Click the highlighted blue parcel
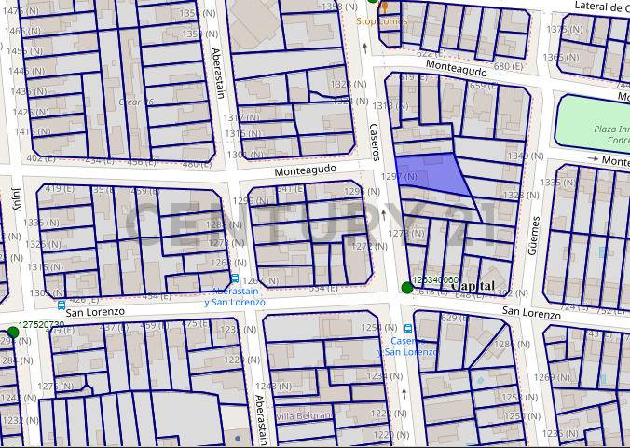click(x=433, y=173)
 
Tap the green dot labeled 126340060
click(x=406, y=287)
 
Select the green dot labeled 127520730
click(x=13, y=333)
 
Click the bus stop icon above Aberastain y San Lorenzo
click(x=234, y=278)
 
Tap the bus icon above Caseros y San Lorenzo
click(x=409, y=329)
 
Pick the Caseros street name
click(x=375, y=140)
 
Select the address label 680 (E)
click(x=508, y=67)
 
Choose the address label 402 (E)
click(x=40, y=159)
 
